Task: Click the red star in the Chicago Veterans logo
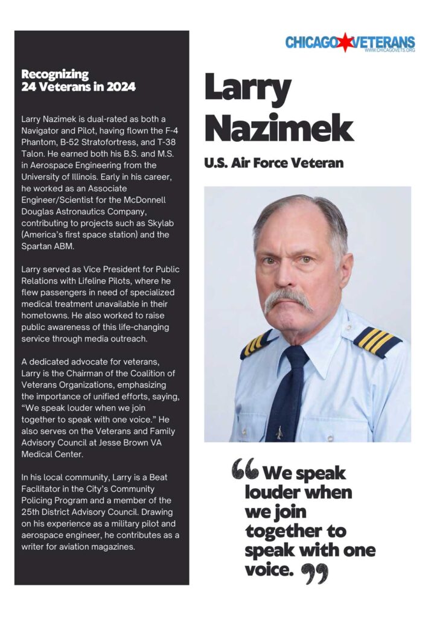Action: click(346, 42)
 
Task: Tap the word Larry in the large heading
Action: click(247, 89)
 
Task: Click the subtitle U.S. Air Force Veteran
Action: click(274, 162)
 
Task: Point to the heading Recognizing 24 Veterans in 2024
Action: click(78, 80)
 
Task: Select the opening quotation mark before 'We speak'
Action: click(245, 468)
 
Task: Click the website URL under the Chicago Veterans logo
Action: click(389, 51)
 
